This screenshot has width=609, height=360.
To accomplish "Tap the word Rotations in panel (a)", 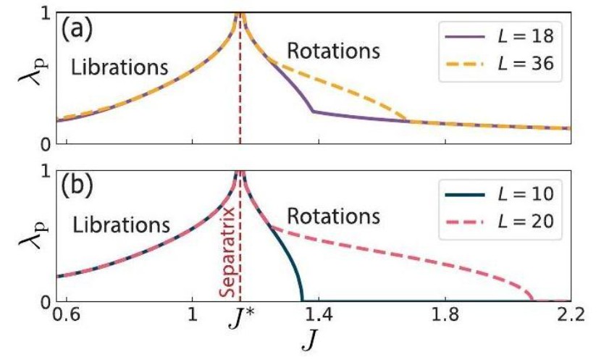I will (x=333, y=51).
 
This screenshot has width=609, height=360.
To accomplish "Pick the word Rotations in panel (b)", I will (x=333, y=216).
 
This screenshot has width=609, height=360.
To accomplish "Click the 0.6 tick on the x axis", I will (x=67, y=317).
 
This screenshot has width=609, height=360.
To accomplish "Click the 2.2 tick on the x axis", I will (x=566, y=317).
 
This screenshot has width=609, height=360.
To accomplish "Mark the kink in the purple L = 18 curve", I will (x=312, y=111).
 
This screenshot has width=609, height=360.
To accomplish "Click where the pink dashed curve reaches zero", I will (x=533, y=299).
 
